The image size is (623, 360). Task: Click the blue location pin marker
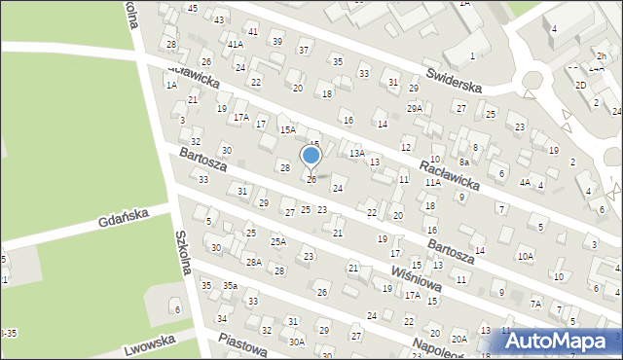[x=311, y=157]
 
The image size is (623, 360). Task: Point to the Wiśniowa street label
[x=418, y=271]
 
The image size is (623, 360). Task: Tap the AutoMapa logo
[x=559, y=341]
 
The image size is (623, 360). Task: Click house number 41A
[x=235, y=44]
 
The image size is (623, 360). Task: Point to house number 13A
[x=357, y=153]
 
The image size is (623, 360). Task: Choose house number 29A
[x=415, y=108]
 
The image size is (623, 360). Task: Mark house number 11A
[x=432, y=182]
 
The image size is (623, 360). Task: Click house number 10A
[x=526, y=256]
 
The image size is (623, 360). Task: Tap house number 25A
[x=278, y=241]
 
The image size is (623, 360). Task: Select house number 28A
[x=253, y=262]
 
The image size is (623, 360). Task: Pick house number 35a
[x=230, y=285]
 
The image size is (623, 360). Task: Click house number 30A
[x=297, y=342]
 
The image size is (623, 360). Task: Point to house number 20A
[x=458, y=338]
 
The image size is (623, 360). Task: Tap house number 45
[x=193, y=8]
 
